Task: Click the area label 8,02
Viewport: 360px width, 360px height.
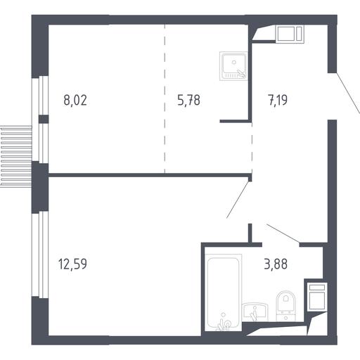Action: click(x=75, y=100)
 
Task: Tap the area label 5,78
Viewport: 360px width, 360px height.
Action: click(x=188, y=100)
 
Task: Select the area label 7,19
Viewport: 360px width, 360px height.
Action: click(x=278, y=100)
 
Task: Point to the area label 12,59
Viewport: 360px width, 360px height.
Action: click(x=72, y=264)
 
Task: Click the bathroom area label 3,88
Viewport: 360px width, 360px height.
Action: click(x=276, y=264)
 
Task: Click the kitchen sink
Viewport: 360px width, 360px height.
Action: click(x=233, y=66)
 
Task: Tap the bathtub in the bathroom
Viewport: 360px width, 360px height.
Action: click(x=224, y=292)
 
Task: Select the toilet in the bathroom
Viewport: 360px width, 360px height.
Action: click(x=285, y=306)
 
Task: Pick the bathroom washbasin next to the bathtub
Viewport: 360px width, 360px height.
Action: click(x=255, y=312)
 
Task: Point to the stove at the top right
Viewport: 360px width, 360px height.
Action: click(x=290, y=34)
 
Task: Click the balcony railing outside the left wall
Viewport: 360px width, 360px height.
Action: click(x=16, y=156)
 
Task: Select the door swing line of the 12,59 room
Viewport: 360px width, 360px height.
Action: click(x=238, y=200)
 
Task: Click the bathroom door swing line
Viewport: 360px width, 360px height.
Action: click(x=283, y=233)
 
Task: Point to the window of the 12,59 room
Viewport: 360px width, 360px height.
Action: click(x=40, y=255)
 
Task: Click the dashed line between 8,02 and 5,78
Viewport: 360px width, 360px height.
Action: click(x=165, y=98)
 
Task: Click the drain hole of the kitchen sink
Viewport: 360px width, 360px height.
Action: click(x=234, y=62)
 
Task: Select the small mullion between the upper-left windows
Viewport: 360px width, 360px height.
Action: click(x=44, y=119)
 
